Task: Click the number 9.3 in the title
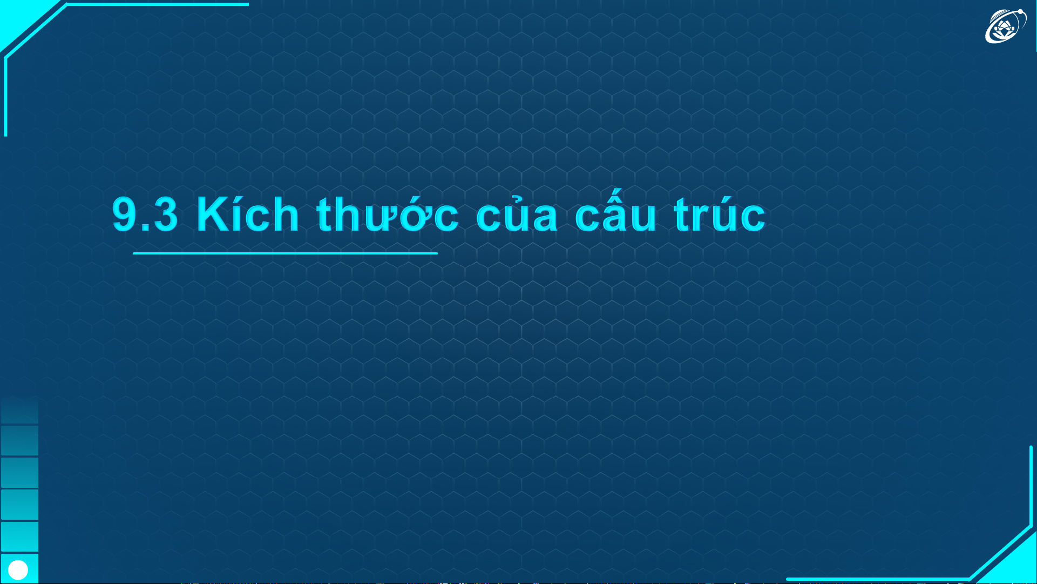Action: [145, 214]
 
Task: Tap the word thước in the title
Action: [388, 213]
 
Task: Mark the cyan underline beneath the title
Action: [285, 253]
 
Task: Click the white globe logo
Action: [1005, 25]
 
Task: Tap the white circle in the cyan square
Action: [18, 569]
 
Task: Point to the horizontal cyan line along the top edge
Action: [157, 4]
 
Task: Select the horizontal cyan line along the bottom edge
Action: [877, 579]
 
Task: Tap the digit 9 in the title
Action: [124, 214]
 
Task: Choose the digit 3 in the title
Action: [165, 214]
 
